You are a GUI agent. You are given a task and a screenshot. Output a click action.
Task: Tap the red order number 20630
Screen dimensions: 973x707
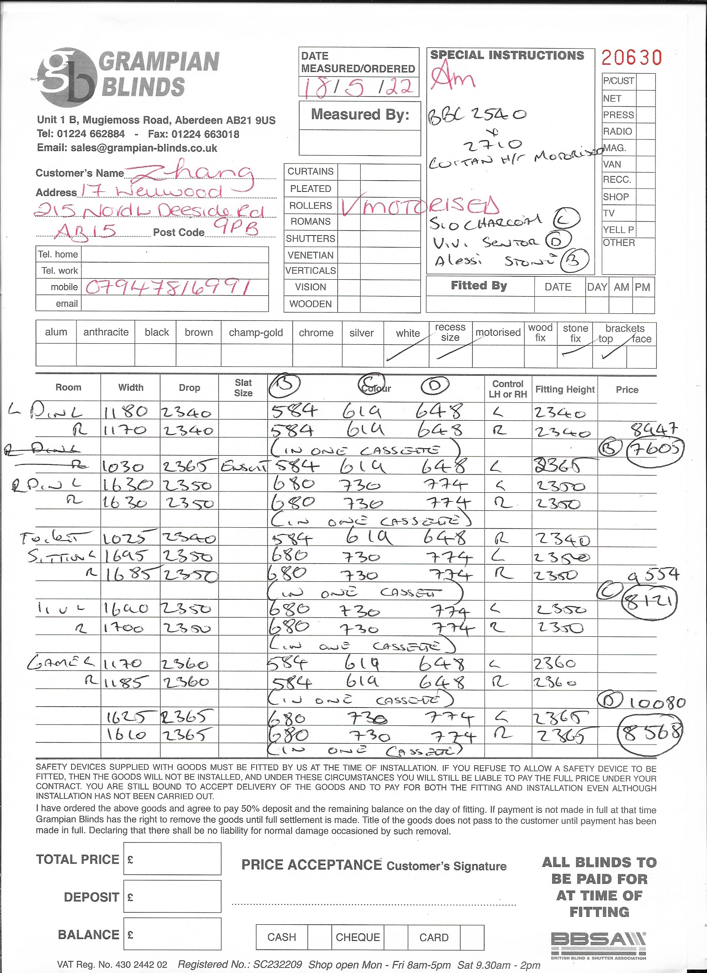point(631,58)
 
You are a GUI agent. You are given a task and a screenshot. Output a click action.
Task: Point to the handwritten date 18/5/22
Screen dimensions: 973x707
point(358,87)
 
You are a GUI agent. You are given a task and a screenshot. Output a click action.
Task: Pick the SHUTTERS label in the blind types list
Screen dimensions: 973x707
point(310,238)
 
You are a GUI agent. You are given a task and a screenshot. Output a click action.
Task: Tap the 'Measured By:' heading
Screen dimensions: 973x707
point(360,114)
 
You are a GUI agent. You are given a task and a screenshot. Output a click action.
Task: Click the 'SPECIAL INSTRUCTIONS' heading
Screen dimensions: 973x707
point(507,55)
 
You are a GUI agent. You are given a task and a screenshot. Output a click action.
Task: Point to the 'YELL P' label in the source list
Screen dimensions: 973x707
point(618,230)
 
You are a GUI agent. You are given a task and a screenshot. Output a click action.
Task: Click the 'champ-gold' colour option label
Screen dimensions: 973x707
point(256,333)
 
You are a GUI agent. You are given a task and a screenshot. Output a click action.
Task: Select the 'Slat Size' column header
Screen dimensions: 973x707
point(243,387)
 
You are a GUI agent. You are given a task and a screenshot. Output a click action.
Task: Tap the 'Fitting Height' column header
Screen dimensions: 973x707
point(565,389)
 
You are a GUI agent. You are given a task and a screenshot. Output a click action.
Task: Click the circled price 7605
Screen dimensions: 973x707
point(655,449)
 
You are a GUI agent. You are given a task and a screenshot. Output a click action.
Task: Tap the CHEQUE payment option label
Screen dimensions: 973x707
point(358,937)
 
